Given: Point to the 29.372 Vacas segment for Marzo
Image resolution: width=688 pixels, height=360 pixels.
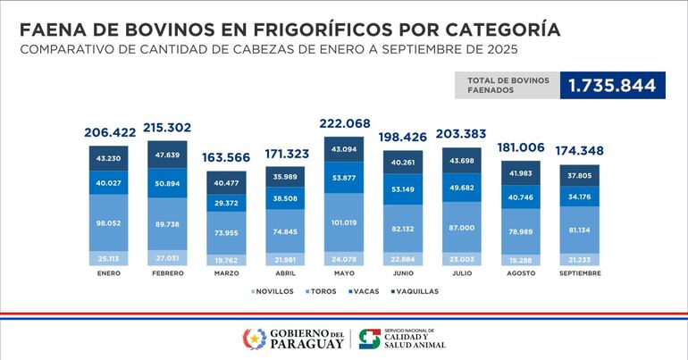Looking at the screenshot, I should click(x=226, y=204).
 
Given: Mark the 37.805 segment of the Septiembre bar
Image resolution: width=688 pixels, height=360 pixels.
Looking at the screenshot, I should click(x=578, y=175).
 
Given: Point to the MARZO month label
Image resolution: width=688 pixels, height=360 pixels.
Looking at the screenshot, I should click(x=226, y=273).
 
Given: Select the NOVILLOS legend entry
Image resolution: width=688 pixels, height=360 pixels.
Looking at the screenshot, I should click(x=273, y=290).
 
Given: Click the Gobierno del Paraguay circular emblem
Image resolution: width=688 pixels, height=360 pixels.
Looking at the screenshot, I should click(x=254, y=339).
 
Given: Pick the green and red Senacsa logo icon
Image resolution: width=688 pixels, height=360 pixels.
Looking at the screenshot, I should click(x=369, y=339).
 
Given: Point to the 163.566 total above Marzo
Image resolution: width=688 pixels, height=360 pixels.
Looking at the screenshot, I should click(x=226, y=156).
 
